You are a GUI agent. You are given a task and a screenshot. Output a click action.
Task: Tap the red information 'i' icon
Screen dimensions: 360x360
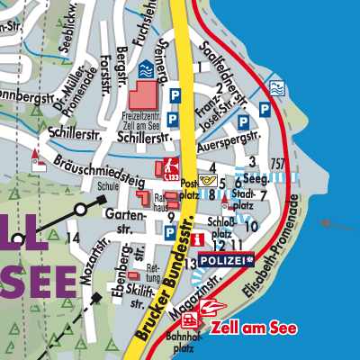194,237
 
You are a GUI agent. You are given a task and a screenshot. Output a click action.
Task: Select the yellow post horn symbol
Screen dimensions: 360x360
210,179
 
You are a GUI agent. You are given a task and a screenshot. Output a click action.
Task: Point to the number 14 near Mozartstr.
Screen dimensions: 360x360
73,238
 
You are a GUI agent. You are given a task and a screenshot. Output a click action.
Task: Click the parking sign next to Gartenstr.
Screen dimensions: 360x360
170,233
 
